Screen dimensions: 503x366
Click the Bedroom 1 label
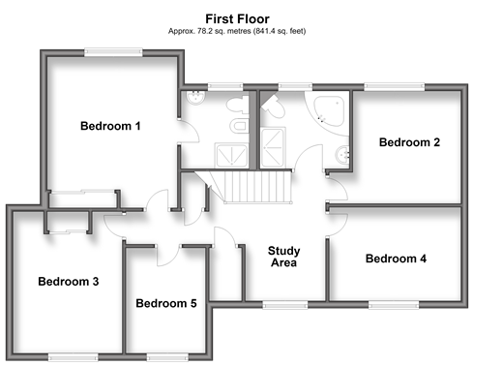(x=110, y=126)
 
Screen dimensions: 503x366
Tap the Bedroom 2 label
(x=409, y=142)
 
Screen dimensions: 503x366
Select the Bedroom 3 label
(x=69, y=282)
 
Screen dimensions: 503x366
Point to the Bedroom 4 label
(x=396, y=259)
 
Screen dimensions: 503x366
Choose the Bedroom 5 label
(x=166, y=303)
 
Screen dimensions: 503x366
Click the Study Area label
(x=283, y=257)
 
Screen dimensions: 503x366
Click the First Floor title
(x=237, y=19)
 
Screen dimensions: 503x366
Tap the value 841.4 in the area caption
(x=264, y=31)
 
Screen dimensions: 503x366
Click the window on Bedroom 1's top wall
(x=113, y=52)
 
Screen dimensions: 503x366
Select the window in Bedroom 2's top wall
(x=395, y=87)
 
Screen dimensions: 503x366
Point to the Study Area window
(x=285, y=304)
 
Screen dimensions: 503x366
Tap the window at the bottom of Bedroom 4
(x=394, y=304)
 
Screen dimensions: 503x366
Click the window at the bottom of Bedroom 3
(x=74, y=357)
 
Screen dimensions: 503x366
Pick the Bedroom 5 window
(x=167, y=357)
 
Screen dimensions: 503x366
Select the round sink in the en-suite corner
(x=195, y=98)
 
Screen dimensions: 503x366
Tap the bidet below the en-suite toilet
(x=239, y=126)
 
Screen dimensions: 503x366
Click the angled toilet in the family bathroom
(x=275, y=107)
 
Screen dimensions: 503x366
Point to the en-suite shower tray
(x=231, y=156)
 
